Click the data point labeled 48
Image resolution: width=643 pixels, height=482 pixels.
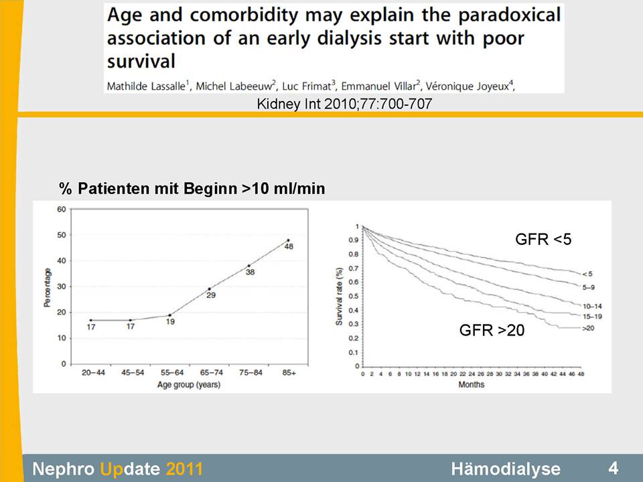point(288,240)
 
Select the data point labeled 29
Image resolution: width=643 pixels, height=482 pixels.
point(210,289)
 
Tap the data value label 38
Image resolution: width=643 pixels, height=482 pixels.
point(250,272)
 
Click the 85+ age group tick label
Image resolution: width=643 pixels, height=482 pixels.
point(289,373)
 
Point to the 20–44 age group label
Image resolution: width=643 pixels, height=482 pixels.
point(93,373)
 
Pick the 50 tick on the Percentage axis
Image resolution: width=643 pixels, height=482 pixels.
point(62,235)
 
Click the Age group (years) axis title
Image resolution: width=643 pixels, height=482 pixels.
point(189,385)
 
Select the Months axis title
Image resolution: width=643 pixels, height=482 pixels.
point(471,384)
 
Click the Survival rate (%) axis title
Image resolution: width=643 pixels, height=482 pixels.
point(339,297)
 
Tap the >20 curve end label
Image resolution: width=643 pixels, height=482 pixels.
point(588,328)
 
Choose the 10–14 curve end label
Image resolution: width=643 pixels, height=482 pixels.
point(592,306)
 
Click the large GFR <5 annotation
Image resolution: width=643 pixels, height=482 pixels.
point(543,240)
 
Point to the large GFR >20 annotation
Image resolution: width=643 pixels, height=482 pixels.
point(492,330)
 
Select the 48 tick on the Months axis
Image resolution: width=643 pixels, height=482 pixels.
point(581,374)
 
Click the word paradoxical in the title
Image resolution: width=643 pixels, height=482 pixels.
point(509,15)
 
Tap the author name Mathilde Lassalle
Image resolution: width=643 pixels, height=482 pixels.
point(146,86)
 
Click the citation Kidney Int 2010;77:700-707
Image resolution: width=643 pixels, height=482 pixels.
point(344,104)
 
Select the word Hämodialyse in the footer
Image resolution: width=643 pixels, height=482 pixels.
point(506,469)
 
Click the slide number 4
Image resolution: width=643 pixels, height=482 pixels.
point(613,468)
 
